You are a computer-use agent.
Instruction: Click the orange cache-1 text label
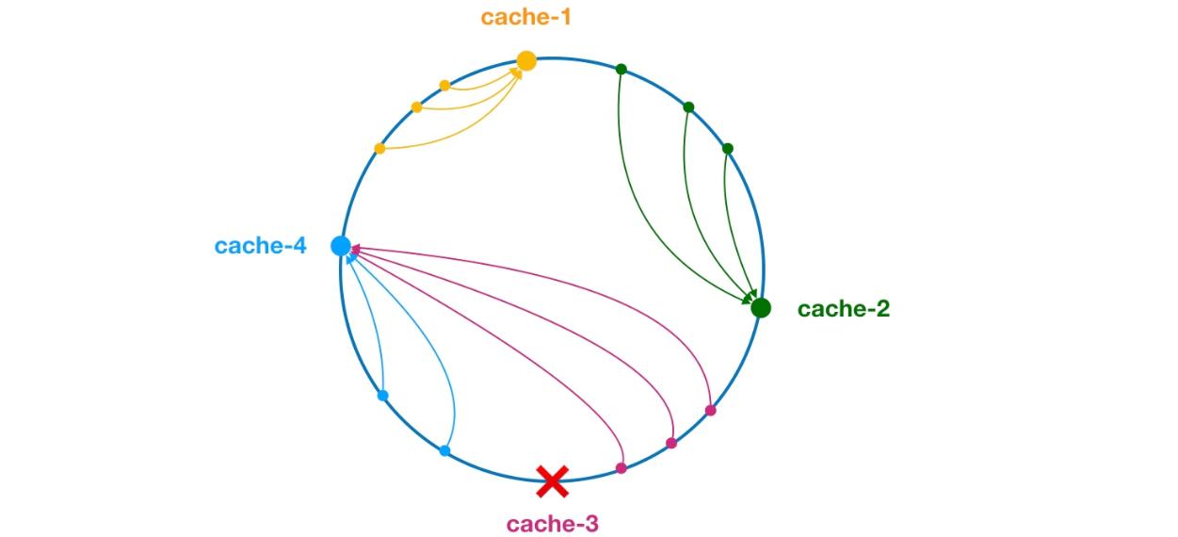click(525, 17)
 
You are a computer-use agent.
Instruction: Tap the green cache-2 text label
click(843, 309)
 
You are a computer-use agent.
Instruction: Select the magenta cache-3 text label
click(551, 524)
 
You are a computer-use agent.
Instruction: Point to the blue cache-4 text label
click(260, 247)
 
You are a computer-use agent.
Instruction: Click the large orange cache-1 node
click(526, 61)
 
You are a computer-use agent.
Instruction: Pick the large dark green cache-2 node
click(761, 308)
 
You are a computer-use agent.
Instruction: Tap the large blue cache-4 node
click(341, 246)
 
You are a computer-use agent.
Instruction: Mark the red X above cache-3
click(552, 481)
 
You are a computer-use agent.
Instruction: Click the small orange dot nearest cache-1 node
click(444, 86)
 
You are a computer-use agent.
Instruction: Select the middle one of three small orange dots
click(416, 107)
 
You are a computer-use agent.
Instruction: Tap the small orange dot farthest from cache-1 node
click(379, 149)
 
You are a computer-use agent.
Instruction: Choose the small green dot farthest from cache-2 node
click(621, 69)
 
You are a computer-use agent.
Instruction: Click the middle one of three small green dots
click(688, 107)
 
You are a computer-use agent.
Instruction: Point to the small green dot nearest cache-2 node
click(727, 148)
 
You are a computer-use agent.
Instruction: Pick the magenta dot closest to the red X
click(621, 468)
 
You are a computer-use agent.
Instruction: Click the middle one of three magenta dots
click(671, 443)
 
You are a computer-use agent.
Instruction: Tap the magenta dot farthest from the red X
click(710, 411)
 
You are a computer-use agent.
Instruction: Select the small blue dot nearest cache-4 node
click(382, 396)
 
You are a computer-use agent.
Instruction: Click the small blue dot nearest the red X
click(444, 451)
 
